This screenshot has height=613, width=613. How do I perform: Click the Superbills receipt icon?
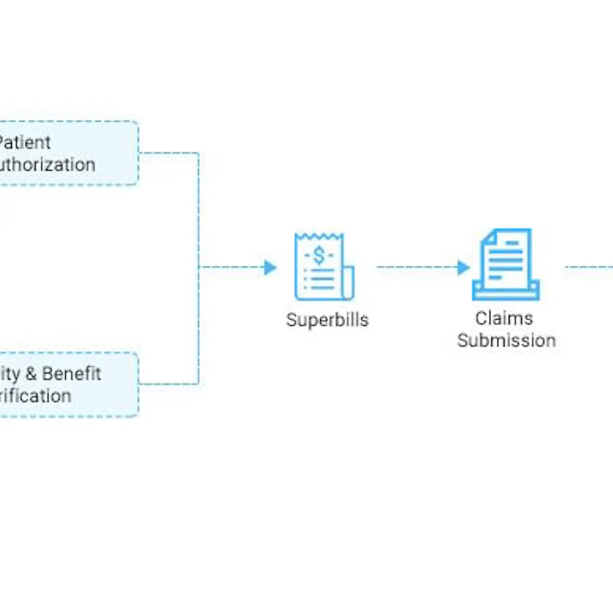click(x=324, y=267)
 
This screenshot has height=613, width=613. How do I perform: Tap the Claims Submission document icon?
click(x=506, y=264)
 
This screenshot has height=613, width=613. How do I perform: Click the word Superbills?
click(x=327, y=320)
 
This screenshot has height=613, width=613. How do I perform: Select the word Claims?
click(x=503, y=318)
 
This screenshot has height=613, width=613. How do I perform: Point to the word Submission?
click(x=506, y=341)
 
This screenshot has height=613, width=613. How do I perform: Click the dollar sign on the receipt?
click(x=318, y=256)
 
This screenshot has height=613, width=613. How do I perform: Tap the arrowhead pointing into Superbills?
click(x=271, y=268)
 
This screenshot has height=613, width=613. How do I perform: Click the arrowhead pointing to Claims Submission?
click(x=463, y=268)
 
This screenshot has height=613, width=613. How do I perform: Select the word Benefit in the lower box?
click(x=71, y=374)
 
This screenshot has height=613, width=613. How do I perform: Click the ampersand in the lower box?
click(x=31, y=374)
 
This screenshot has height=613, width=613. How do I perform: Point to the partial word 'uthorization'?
click(x=47, y=165)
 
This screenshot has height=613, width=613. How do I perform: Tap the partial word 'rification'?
click(x=36, y=396)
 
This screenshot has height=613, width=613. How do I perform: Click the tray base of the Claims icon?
click(x=506, y=292)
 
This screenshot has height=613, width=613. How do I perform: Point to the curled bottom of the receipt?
click(x=348, y=284)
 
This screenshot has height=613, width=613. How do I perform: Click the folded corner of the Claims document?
click(x=489, y=236)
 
